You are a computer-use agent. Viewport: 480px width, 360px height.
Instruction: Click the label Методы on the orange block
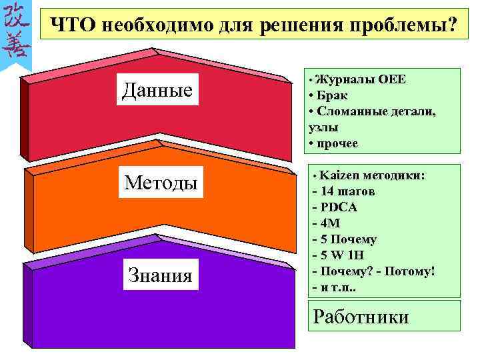click(161, 181)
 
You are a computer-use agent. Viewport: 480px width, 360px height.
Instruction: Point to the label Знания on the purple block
click(160, 275)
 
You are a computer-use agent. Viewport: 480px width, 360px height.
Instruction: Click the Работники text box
click(361, 316)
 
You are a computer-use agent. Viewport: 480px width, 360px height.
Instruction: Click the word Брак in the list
click(331, 95)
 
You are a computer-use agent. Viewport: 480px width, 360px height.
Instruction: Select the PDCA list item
click(339, 207)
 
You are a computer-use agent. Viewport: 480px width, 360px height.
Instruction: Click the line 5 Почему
click(348, 239)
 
